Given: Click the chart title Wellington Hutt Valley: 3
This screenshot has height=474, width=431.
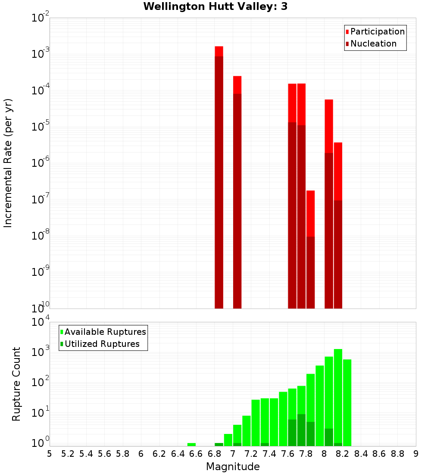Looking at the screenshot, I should pyautogui.click(x=215, y=6).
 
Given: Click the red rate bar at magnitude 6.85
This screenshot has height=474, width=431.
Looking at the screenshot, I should pyautogui.click(x=219, y=172).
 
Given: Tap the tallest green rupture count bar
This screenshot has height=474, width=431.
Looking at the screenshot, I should pyautogui.click(x=338, y=396).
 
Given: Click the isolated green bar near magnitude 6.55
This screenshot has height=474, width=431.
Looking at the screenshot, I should pyautogui.click(x=191, y=444).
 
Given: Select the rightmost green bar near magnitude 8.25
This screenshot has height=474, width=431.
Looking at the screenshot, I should pyautogui.click(x=347, y=401).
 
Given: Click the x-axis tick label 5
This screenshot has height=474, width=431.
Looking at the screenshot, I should pyautogui.click(x=50, y=454).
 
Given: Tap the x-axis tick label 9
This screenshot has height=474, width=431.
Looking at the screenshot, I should pyautogui.click(x=415, y=454).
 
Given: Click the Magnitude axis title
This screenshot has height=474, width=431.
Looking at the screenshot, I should pyautogui.click(x=233, y=467).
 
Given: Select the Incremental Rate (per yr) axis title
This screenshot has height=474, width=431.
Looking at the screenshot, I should pyautogui.click(x=8, y=163).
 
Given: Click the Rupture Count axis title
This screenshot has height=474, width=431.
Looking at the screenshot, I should pyautogui.click(x=16, y=384).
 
